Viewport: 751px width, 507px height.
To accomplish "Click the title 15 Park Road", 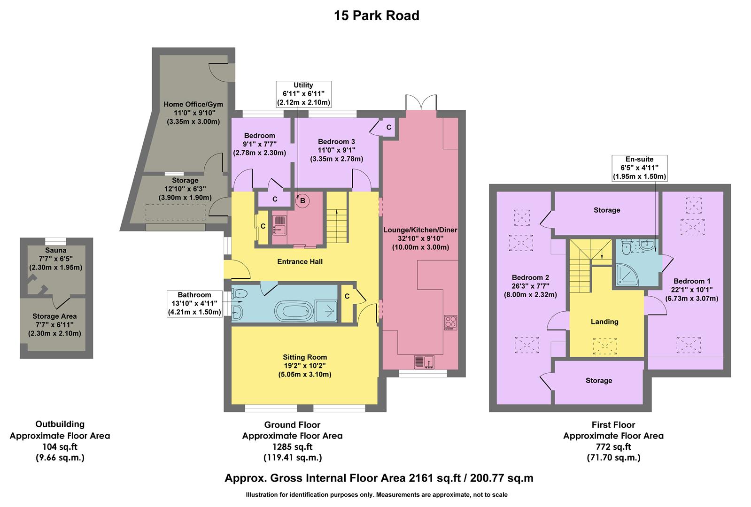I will tap(376, 16).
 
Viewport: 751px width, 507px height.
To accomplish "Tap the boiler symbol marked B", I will tap(303, 201).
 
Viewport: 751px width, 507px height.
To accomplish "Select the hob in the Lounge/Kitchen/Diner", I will tap(450, 322).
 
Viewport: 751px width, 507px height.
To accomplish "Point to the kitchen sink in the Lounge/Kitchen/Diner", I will tap(424, 362).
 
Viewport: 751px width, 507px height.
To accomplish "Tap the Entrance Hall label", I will tap(300, 261).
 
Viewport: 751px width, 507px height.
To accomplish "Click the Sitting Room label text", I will tap(304, 357).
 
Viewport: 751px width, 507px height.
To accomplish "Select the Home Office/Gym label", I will tap(193, 104).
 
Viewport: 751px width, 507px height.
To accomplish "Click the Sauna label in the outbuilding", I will tap(56, 250).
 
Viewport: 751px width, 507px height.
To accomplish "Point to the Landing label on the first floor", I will tap(604, 322).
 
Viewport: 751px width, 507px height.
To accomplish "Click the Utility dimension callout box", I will tap(303, 94).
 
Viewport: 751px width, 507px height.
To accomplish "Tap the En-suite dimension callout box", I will tap(639, 168).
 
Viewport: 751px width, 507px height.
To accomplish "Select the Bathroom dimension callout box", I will tap(194, 303).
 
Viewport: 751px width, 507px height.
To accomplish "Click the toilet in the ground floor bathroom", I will tap(240, 294).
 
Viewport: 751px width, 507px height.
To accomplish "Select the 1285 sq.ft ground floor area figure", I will tap(292, 446).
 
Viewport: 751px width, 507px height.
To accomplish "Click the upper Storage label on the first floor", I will tap(606, 210).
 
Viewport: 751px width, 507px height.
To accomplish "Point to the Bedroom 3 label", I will tap(336, 141).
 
